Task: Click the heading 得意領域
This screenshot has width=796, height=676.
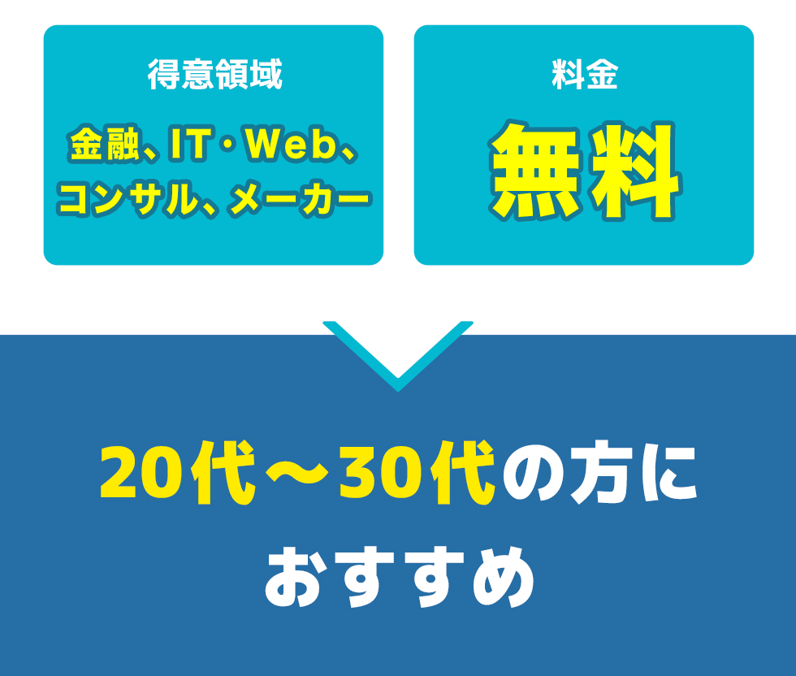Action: [x=214, y=76]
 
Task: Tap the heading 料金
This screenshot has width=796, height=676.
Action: [x=584, y=76]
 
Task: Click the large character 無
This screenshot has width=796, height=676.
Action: [x=538, y=171]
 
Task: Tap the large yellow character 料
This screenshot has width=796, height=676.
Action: [x=634, y=171]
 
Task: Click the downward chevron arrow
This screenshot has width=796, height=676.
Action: [x=398, y=357]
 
